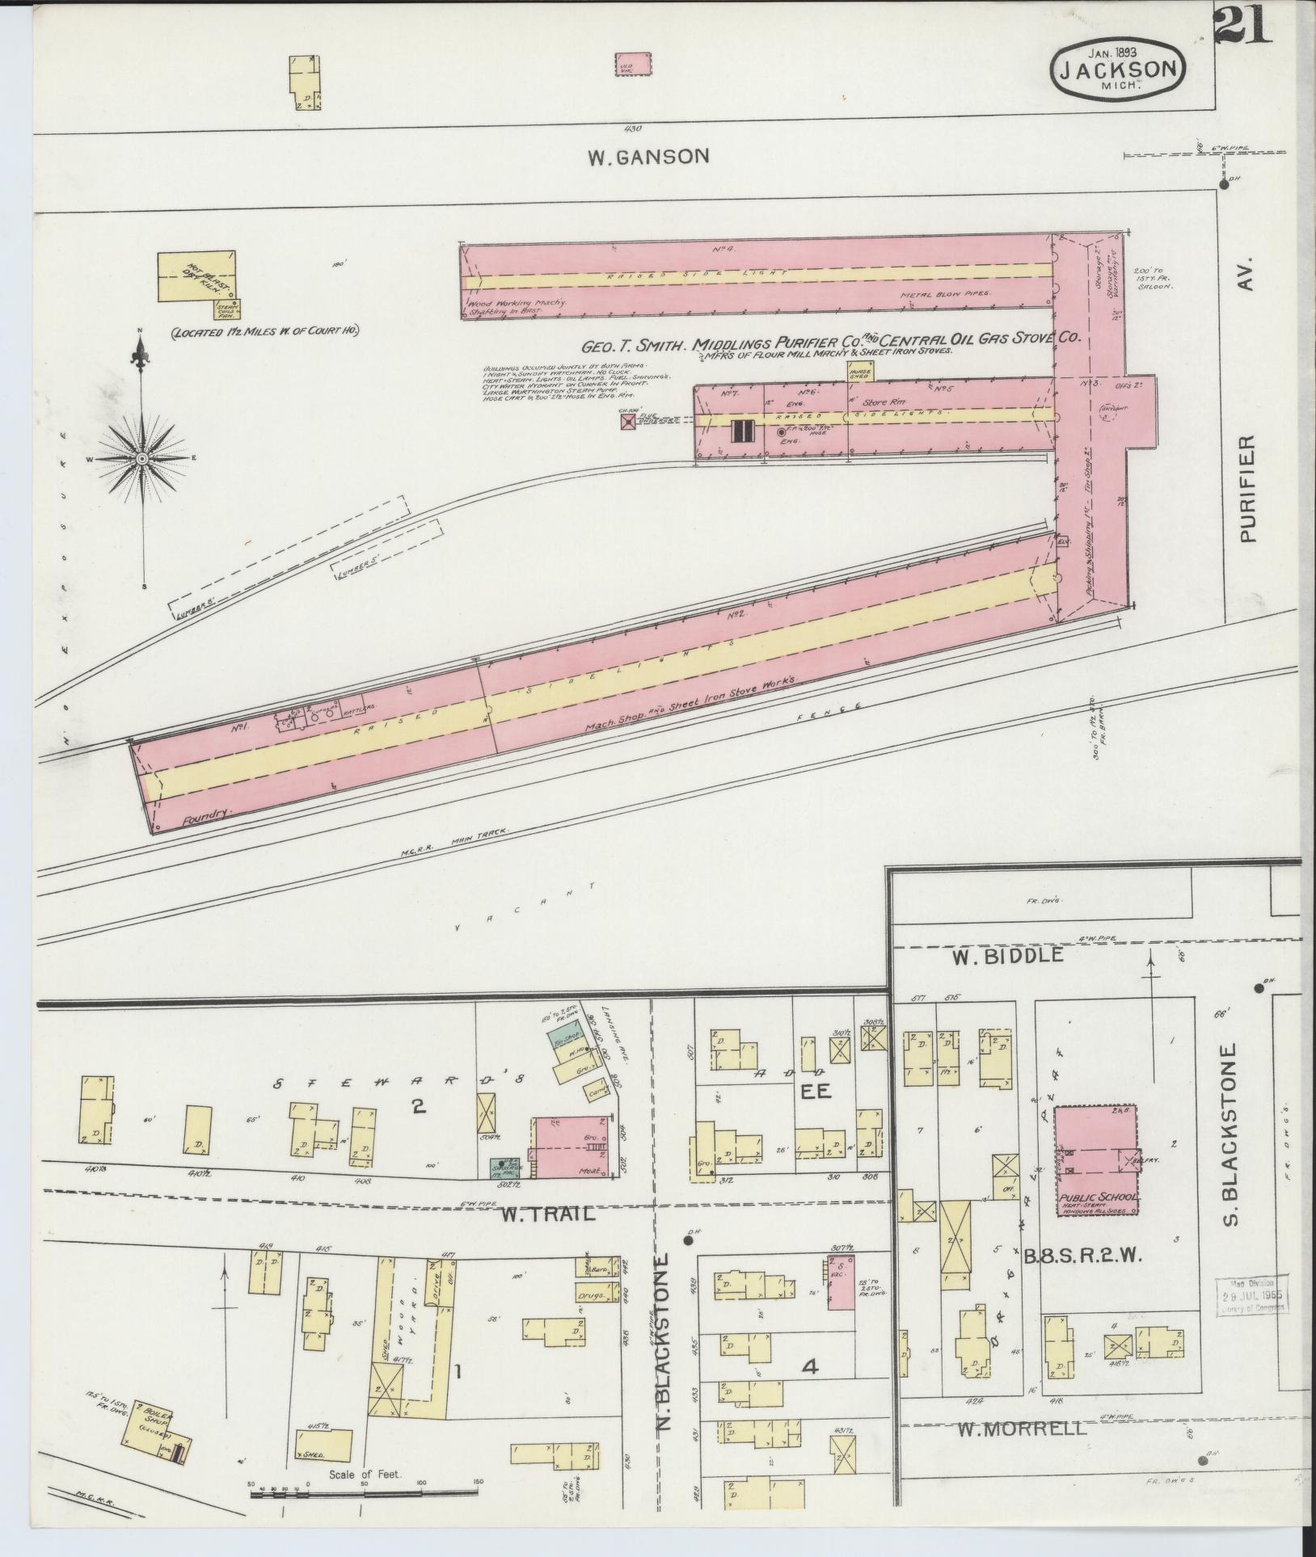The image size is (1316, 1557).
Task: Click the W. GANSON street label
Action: click(x=648, y=156)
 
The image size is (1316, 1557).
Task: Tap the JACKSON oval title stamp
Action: click(x=1118, y=69)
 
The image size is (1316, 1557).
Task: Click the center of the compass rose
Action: click(x=142, y=458)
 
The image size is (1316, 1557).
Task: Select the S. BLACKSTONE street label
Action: click(x=1231, y=1156)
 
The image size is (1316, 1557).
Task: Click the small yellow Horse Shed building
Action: click(x=859, y=371)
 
